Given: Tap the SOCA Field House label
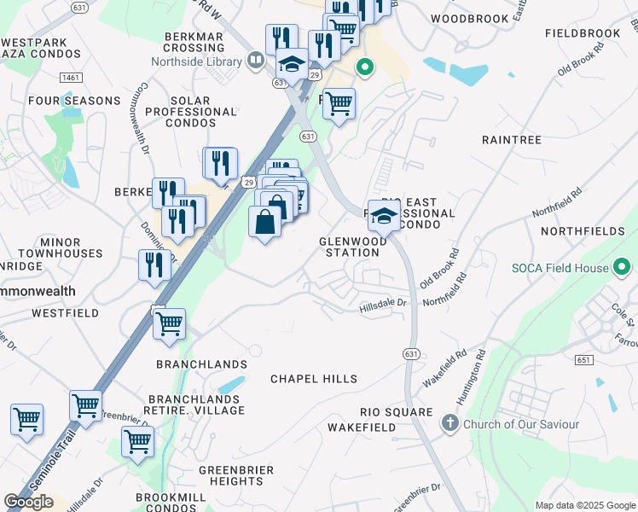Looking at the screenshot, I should [x=560, y=268].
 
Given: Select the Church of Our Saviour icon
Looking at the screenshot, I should [x=450, y=423].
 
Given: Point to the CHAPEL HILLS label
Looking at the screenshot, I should [x=313, y=378].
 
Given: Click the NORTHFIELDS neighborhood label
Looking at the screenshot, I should [x=588, y=231].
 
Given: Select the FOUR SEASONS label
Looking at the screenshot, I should [x=74, y=101].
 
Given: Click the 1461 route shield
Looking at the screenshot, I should [x=71, y=78].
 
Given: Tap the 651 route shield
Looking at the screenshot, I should [x=584, y=361].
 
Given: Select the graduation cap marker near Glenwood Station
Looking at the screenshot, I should [x=384, y=215].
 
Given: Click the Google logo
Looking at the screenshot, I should [x=28, y=502].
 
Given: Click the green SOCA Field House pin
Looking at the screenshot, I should [x=622, y=269].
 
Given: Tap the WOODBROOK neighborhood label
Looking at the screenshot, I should [x=469, y=18].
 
